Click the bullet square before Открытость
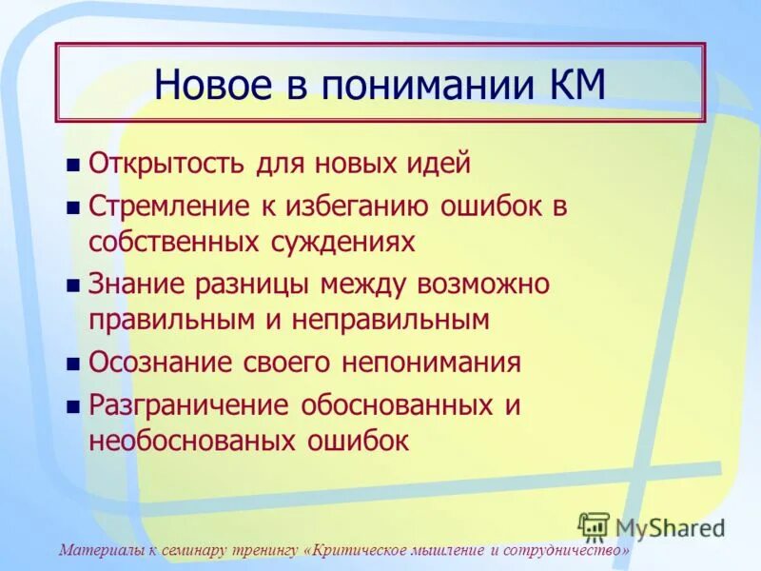point(73,165)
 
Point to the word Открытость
point(168,163)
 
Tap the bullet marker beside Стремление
point(73,207)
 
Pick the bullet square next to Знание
point(73,285)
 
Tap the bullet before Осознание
point(73,364)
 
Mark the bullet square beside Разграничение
point(73,407)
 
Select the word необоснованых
point(190,441)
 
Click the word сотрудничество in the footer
point(565,551)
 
